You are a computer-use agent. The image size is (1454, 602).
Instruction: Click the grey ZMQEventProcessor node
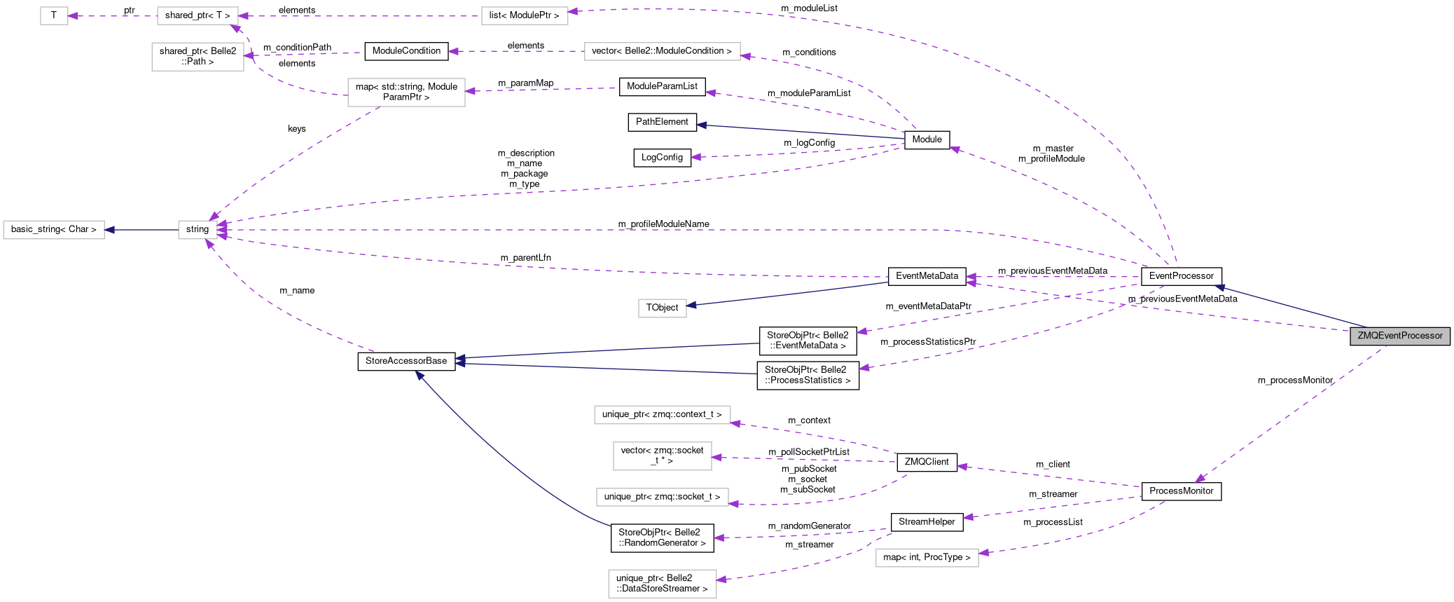tap(1399, 336)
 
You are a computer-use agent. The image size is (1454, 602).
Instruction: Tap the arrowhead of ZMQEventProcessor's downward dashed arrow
tap(1199, 479)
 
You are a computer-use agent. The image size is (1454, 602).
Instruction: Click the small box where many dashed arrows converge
tap(198, 230)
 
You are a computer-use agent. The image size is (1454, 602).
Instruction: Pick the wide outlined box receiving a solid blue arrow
tap(54, 230)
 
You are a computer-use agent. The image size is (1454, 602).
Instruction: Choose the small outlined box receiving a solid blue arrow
tap(662, 308)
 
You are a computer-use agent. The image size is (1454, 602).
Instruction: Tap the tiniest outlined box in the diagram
tap(54, 15)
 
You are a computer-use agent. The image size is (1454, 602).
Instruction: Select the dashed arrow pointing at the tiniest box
tap(112, 15)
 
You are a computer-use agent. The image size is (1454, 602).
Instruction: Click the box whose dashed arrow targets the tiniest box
tap(198, 15)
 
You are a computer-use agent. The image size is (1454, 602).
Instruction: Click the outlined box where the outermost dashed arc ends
tap(525, 15)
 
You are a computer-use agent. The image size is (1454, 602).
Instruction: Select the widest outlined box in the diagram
tap(662, 51)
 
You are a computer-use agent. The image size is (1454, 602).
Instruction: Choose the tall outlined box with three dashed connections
tap(406, 93)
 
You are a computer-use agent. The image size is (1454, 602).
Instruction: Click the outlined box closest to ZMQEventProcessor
tap(927, 558)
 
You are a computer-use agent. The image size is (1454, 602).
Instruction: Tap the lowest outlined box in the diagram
tap(662, 584)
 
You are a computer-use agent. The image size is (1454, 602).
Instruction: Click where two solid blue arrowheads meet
tap(459, 361)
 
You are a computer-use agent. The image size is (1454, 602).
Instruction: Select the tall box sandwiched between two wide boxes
tap(662, 456)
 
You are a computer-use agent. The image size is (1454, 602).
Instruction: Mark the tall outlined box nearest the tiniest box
tap(198, 57)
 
